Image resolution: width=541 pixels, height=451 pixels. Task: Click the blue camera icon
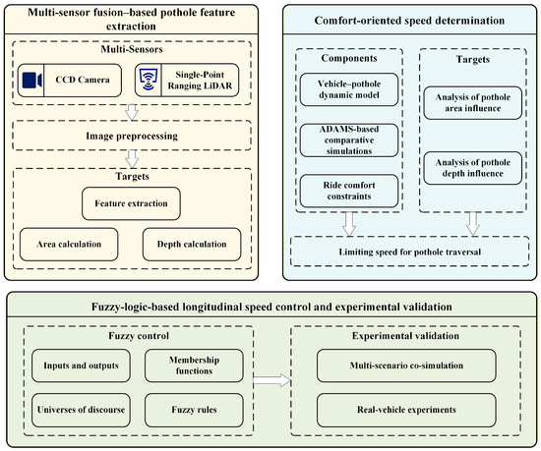tap(32, 80)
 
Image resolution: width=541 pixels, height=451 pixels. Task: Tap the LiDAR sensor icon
tap(149, 80)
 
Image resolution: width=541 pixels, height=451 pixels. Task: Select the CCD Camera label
tap(83, 80)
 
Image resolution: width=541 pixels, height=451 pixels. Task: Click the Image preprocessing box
tap(132, 136)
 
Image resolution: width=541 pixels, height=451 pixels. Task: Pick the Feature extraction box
tap(131, 203)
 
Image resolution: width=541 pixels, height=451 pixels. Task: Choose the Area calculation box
tap(69, 245)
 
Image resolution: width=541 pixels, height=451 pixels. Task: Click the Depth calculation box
tap(192, 245)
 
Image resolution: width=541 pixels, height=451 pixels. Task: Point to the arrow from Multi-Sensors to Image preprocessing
tap(132, 112)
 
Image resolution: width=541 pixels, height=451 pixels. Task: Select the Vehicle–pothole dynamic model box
tap(349, 89)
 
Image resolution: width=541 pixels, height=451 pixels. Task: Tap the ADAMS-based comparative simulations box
tap(349, 141)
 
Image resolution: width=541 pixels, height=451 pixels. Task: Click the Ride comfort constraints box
tap(349, 191)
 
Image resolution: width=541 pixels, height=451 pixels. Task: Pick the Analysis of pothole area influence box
tap(473, 103)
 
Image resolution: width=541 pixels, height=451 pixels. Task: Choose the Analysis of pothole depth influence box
tap(473, 168)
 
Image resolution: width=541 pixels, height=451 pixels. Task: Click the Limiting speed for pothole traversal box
tap(410, 252)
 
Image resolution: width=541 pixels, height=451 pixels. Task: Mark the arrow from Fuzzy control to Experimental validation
tap(271, 380)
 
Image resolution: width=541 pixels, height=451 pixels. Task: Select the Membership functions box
tap(194, 366)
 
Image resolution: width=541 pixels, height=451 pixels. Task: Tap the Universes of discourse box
tap(81, 410)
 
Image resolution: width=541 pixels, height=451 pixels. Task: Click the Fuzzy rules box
tap(194, 410)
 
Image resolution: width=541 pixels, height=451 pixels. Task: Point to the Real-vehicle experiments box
tap(406, 410)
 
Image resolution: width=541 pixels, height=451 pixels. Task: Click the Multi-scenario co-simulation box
tap(406, 366)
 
